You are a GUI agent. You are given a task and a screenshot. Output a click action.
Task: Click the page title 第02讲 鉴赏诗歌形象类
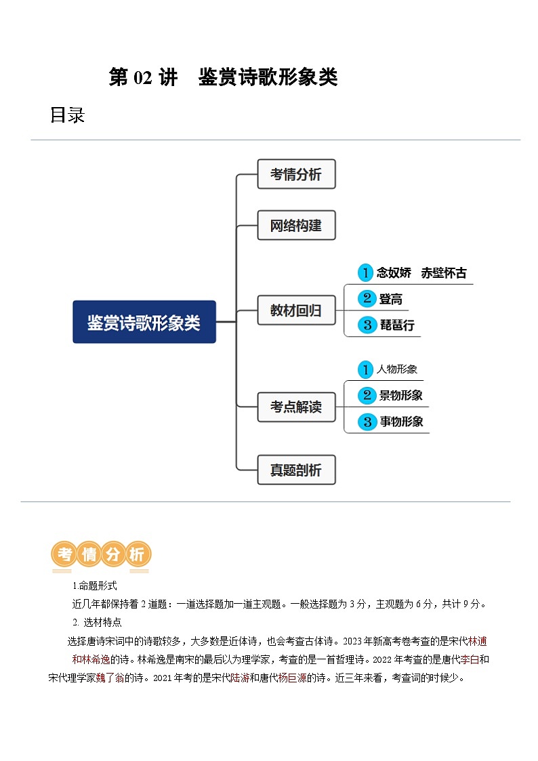pyautogui.click(x=223, y=78)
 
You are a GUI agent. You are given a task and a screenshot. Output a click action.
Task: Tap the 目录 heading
pyautogui.click(x=67, y=115)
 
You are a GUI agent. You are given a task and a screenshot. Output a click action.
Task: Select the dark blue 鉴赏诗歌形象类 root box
pyautogui.click(x=144, y=322)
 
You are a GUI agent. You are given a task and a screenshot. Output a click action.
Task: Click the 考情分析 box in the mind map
pyautogui.click(x=296, y=174)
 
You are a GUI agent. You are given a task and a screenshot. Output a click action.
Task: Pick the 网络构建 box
pyautogui.click(x=296, y=225)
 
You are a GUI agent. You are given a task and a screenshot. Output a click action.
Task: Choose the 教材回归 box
pyautogui.click(x=296, y=311)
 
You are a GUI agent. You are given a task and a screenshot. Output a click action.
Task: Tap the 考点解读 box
pyautogui.click(x=296, y=407)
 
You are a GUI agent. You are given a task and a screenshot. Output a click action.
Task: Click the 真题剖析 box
pyautogui.click(x=296, y=470)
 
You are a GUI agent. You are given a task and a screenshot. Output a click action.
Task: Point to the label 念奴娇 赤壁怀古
pyautogui.click(x=421, y=273)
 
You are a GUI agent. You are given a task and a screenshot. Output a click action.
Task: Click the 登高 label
pyautogui.click(x=391, y=299)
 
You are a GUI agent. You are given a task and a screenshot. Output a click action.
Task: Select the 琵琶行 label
pyautogui.click(x=396, y=325)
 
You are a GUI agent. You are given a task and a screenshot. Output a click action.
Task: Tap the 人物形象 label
pyautogui.click(x=397, y=369)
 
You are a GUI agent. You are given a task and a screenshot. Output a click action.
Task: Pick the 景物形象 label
pyautogui.click(x=401, y=395)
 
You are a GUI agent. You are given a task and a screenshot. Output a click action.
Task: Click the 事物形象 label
pyautogui.click(x=401, y=421)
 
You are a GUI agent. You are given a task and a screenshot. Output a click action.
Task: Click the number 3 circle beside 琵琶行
pyautogui.click(x=367, y=325)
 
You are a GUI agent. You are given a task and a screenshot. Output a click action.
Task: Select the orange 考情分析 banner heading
pyautogui.click(x=101, y=555)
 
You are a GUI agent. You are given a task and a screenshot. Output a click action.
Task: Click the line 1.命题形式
pyautogui.click(x=95, y=586)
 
